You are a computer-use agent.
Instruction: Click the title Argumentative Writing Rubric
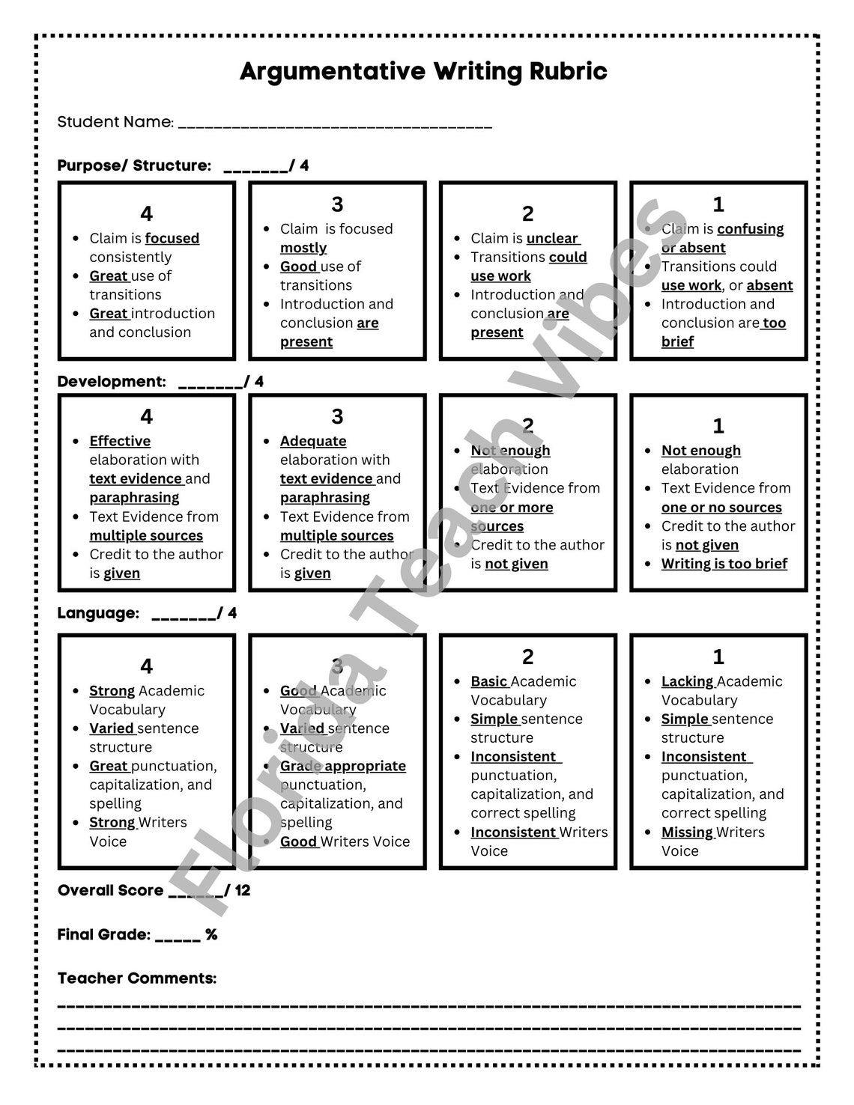[x=423, y=72]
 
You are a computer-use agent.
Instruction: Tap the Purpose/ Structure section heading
[x=134, y=165]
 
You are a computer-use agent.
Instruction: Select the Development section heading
[x=112, y=382]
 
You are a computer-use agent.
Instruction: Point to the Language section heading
[x=98, y=613]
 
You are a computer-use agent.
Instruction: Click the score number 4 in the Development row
[x=147, y=416]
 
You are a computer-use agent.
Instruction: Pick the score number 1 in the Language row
[x=718, y=657]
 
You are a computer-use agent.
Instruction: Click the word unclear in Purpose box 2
[x=552, y=238]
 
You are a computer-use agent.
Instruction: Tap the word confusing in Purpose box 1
[x=750, y=229]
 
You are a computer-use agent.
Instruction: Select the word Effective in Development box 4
[x=120, y=441]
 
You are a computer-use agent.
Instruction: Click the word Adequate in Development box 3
[x=313, y=441]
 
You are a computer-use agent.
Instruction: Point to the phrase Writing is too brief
[x=724, y=564]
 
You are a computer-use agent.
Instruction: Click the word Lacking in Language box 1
[x=687, y=681]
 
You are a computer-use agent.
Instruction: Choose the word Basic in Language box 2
[x=489, y=681]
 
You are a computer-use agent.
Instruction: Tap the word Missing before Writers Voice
[x=687, y=832]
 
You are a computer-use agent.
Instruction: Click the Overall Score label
[x=110, y=891]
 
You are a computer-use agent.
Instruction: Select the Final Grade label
[x=104, y=934]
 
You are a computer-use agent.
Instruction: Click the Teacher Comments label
[x=137, y=978]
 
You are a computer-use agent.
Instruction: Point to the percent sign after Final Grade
[x=211, y=934]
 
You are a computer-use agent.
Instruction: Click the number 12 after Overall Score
[x=242, y=891]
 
